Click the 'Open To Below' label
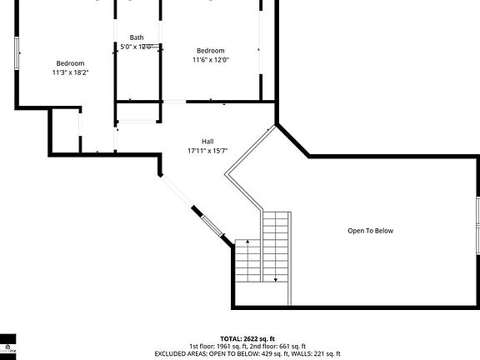coord(370,231)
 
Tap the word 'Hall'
coord(208,141)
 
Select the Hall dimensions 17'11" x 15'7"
coord(208,151)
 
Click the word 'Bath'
coord(137,37)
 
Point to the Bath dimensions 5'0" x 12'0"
coord(137,47)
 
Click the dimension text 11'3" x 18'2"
coord(70,72)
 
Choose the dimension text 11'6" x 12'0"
coord(211,59)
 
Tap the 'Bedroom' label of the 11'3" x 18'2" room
coord(70,63)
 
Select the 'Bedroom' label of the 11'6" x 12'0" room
coord(211,50)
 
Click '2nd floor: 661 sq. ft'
coord(278,347)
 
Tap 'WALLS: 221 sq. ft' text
coord(316,354)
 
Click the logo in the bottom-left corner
coord(7,346)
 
